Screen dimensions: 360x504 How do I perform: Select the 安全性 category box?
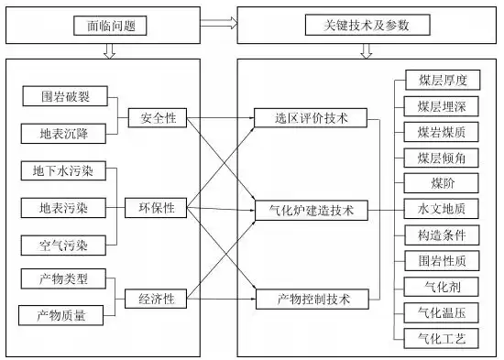pos(158,118)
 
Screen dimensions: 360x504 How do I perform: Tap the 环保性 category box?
pos(158,209)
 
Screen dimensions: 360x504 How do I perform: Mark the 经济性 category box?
pos(158,298)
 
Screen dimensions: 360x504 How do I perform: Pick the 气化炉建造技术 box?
pos(312,211)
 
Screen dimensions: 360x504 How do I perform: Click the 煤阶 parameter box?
pos(442,184)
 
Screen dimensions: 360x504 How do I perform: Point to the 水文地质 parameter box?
pos(442,210)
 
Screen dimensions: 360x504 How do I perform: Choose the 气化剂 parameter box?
pos(442,288)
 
